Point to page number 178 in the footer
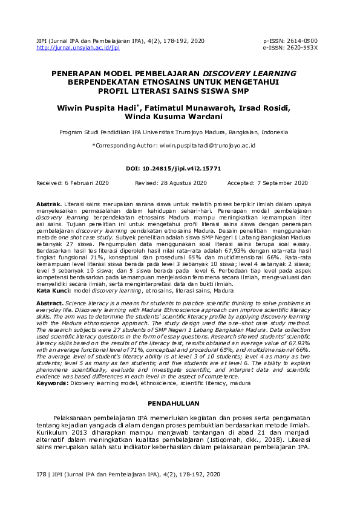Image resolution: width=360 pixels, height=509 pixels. point(41,476)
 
